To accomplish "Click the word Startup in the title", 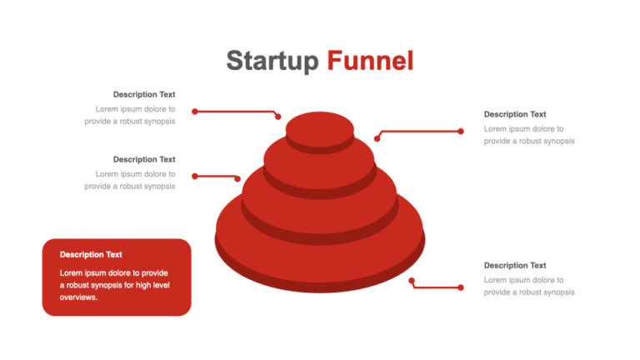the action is click(272, 61).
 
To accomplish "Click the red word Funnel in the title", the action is click(370, 60).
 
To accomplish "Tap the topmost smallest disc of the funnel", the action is click(320, 128).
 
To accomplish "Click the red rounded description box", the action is click(117, 277).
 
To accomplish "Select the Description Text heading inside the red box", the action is click(91, 255).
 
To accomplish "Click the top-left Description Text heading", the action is click(144, 95).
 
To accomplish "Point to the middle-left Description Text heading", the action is click(144, 160).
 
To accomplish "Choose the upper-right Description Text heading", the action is click(515, 114).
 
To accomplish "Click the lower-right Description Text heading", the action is click(515, 265).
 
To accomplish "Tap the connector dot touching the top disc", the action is click(278, 117).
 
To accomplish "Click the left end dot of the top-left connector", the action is click(195, 112).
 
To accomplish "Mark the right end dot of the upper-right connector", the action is click(461, 131).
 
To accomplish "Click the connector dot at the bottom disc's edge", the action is click(412, 280).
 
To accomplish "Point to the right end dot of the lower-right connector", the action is click(461, 287).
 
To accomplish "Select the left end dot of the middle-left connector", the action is click(195, 177).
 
